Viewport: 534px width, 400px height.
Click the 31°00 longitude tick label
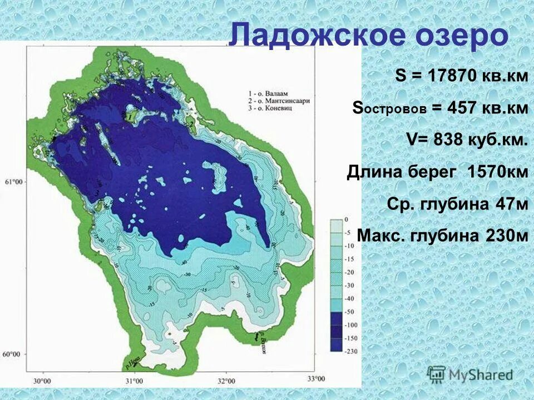click(x=133, y=381)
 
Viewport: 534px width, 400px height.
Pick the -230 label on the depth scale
click(x=350, y=351)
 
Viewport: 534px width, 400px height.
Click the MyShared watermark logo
click(x=470, y=374)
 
